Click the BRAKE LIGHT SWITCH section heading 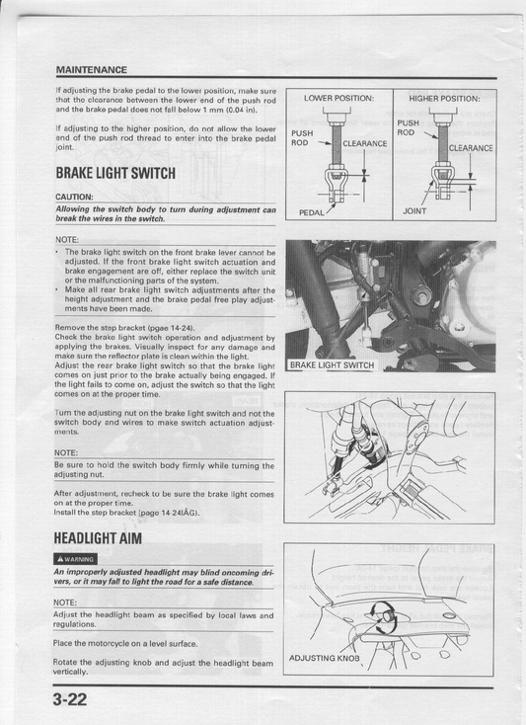tap(115, 174)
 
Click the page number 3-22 tap(74, 699)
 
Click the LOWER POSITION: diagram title tap(338, 99)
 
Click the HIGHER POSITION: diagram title tap(444, 99)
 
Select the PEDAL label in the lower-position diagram tap(312, 211)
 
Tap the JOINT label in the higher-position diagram tap(414, 210)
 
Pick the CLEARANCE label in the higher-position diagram tap(471, 148)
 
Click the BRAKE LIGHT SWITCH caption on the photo tap(332, 364)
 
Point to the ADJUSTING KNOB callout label tap(325, 657)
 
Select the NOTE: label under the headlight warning tap(68, 602)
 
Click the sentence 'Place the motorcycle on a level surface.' tap(125, 643)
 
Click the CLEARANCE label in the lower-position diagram tap(364, 143)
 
